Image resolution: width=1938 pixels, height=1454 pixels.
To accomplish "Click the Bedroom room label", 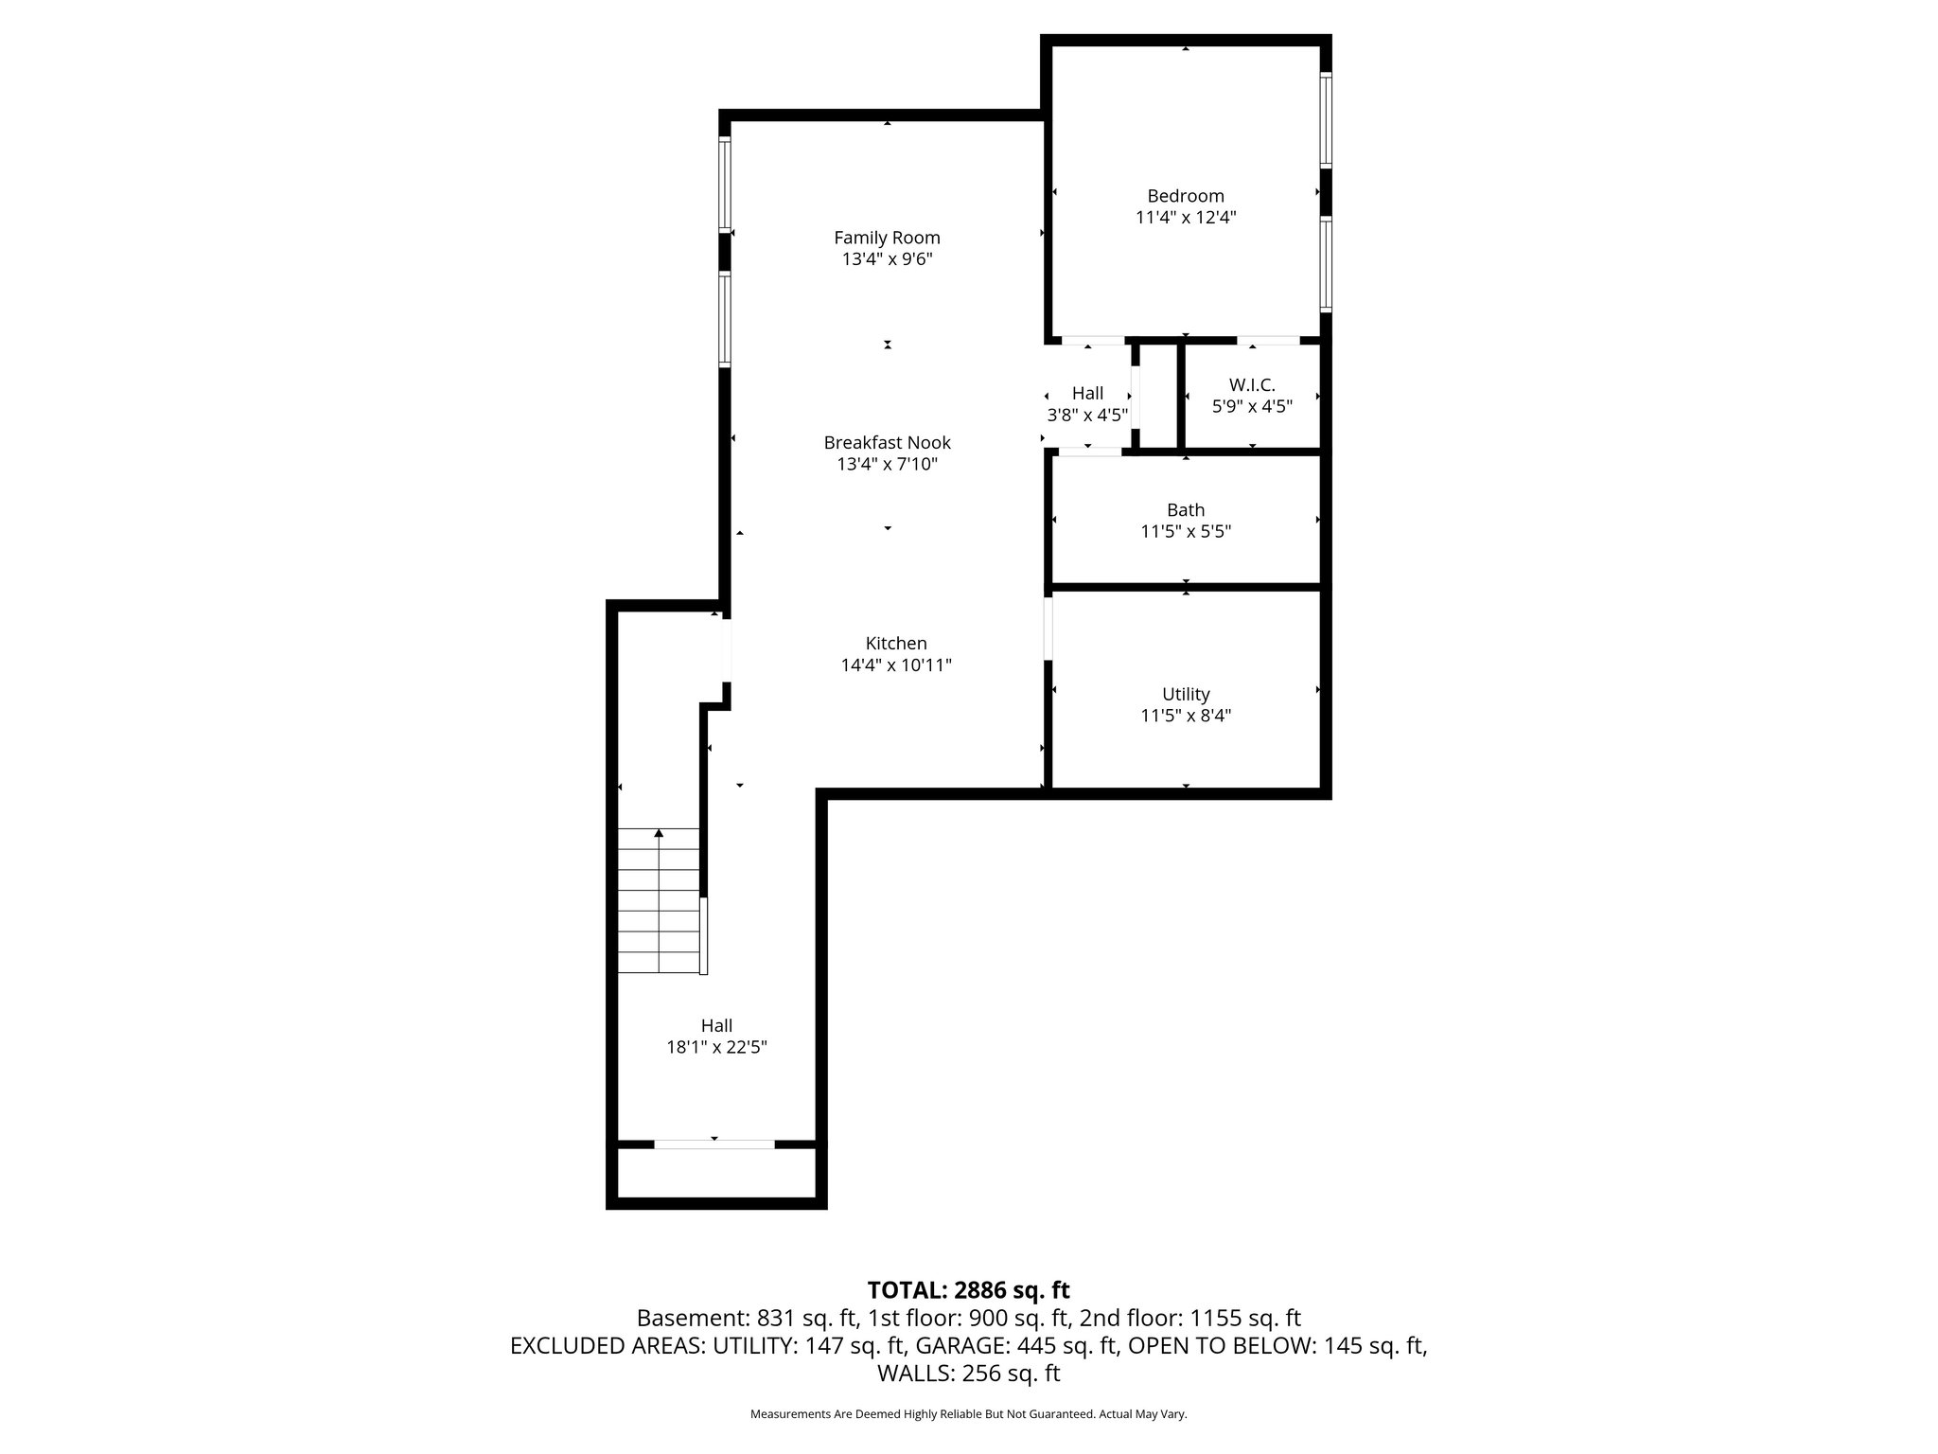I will coord(1185,196).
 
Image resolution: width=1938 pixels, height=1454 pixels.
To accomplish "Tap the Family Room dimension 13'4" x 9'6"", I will coord(887,259).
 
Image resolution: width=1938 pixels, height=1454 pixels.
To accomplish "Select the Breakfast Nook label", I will coord(887,442).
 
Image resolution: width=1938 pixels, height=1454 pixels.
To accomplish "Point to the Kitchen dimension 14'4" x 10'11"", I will coord(895,665).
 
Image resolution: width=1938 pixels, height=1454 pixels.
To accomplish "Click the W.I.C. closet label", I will coord(1252,385).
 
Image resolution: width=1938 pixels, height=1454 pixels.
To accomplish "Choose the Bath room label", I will coord(1185,510).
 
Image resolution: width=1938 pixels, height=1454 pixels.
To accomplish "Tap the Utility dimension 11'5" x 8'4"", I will coord(1185,716).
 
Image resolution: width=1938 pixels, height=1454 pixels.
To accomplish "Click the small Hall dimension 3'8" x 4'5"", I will coord(1087,415).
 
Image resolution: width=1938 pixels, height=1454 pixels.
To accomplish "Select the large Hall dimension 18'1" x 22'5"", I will coord(716,1047).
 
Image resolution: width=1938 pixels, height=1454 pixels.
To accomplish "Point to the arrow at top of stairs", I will coord(659,833).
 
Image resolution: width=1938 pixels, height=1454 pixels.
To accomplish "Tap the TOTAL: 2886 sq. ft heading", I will coord(968,1290).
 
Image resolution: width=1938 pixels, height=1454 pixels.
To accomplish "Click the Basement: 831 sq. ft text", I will coord(746,1318).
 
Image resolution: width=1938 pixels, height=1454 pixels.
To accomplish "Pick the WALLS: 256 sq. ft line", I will coord(968,1374).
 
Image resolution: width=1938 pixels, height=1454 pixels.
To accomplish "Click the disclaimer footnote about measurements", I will coord(968,1414).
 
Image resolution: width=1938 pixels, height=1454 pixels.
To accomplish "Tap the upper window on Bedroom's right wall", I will coord(1326,120).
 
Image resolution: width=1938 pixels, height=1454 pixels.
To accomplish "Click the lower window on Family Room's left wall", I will coord(725,319).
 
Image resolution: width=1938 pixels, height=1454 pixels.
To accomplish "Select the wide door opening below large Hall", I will coord(714,1144).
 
